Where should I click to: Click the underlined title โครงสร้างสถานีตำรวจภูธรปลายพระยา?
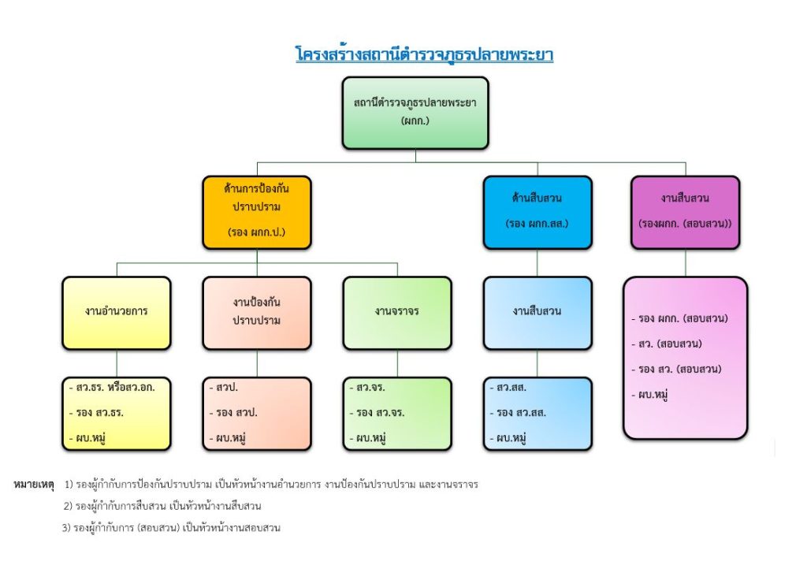tap(424, 55)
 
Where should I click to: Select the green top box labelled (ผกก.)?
tap(415, 113)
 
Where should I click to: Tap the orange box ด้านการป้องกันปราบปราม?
tap(257, 212)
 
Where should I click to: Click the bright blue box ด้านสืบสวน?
tap(537, 212)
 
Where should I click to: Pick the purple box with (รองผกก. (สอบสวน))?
tap(685, 212)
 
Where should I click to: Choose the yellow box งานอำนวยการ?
tap(117, 312)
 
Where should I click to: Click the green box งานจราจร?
tap(397, 312)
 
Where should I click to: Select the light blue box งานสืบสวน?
tap(537, 312)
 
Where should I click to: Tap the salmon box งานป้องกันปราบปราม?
tap(257, 312)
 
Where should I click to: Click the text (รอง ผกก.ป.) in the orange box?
tap(257, 232)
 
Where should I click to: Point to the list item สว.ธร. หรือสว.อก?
tap(115, 388)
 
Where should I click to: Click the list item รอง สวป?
tap(236, 413)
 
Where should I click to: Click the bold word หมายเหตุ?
tap(34, 485)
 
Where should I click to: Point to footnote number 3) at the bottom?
tap(67, 527)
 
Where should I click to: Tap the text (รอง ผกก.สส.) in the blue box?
tap(537, 224)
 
